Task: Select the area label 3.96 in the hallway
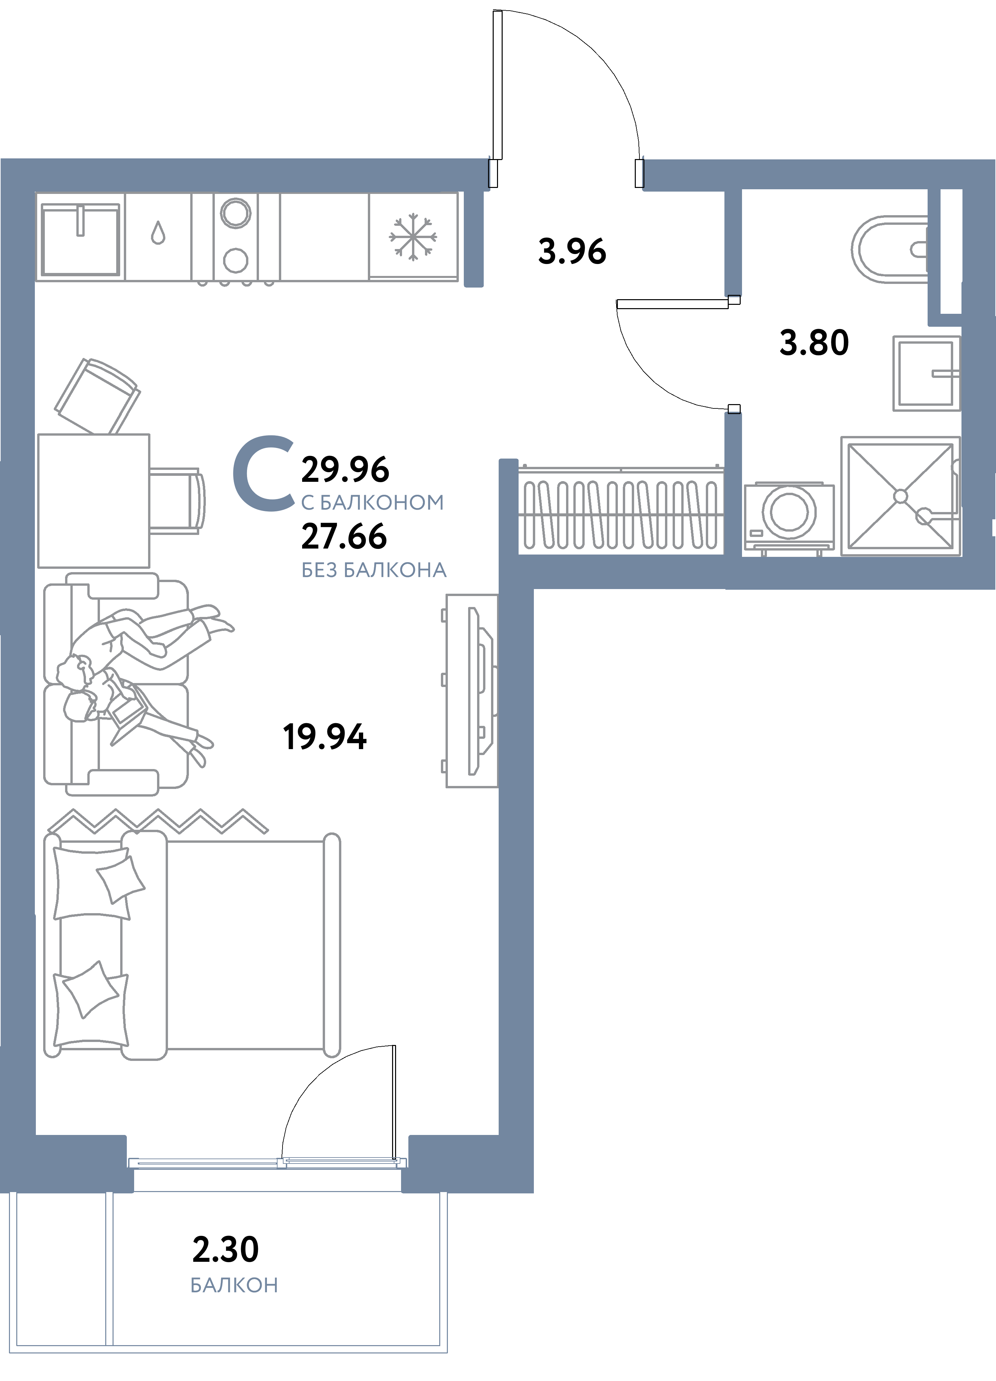pyautogui.click(x=572, y=251)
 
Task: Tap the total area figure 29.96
pyautogui.click(x=345, y=470)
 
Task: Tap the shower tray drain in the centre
pyautogui.click(x=900, y=496)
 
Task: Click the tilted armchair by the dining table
pyautogui.click(x=97, y=396)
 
